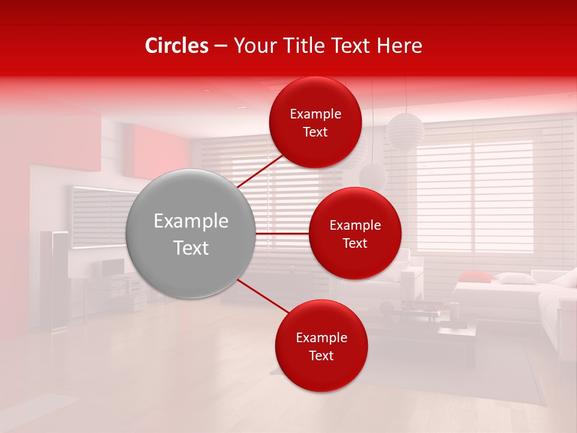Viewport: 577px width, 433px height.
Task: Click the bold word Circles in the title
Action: pyautogui.click(x=177, y=46)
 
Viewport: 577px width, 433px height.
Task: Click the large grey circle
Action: pyautogui.click(x=191, y=233)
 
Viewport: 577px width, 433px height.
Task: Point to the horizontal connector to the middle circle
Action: pyautogui.click(x=282, y=233)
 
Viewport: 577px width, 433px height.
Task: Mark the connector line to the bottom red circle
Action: pyautogui.click(x=261, y=296)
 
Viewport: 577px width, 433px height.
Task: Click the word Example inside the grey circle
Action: pyautogui.click(x=191, y=221)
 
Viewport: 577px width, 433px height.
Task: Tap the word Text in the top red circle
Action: pyautogui.click(x=316, y=132)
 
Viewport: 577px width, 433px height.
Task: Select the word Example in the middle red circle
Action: pyautogui.click(x=355, y=226)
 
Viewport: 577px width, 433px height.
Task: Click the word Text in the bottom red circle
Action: pyautogui.click(x=321, y=355)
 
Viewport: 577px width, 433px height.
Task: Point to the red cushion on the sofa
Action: pyautogui.click(x=475, y=277)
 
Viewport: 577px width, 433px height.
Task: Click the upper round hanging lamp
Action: pyautogui.click(x=405, y=131)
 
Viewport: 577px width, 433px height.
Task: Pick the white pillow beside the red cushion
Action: pyautogui.click(x=514, y=278)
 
